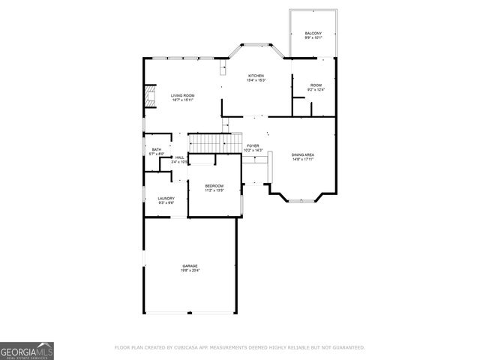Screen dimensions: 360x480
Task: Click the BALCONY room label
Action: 313,33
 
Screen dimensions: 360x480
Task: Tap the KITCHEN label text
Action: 256,76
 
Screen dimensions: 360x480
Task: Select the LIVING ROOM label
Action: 182,95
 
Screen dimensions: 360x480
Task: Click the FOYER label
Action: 253,146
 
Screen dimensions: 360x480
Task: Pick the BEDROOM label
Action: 214,185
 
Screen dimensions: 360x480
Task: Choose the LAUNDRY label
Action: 166,198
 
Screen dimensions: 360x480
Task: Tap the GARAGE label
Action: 190,265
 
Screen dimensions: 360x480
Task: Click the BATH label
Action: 156,149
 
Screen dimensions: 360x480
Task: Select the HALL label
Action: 179,157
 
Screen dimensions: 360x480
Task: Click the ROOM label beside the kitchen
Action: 316,86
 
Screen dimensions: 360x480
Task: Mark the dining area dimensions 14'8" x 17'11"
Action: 303,159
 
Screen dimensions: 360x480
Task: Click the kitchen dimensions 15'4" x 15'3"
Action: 256,80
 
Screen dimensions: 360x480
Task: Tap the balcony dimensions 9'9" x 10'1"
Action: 313,37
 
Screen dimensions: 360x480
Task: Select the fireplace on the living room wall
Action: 149,95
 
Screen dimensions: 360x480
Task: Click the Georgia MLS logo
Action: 26,350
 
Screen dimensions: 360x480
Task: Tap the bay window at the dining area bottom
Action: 303,199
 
